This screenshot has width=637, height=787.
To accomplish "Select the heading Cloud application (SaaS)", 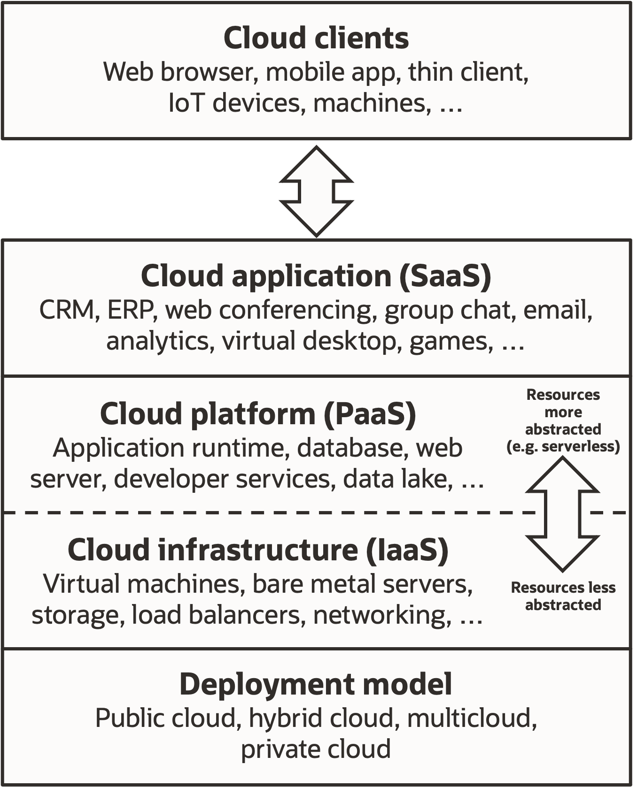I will tap(316, 275).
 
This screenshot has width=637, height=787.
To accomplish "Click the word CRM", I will tap(67, 310).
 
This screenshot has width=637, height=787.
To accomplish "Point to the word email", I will tap(557, 310).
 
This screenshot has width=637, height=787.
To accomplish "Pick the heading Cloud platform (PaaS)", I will tap(258, 414).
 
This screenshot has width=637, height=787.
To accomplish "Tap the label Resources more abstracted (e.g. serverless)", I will tap(563, 420).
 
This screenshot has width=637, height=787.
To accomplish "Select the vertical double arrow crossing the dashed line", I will tap(562, 514).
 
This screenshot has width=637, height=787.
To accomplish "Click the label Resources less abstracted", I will tap(563, 596).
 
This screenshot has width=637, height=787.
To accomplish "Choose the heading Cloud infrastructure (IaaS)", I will tap(258, 550).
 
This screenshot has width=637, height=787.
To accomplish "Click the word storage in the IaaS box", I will tap(75, 615).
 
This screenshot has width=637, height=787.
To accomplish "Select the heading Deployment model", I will tap(316, 684).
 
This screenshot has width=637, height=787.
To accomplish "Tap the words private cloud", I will tap(316, 749).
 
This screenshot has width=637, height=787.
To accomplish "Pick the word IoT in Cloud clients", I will tap(186, 103).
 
